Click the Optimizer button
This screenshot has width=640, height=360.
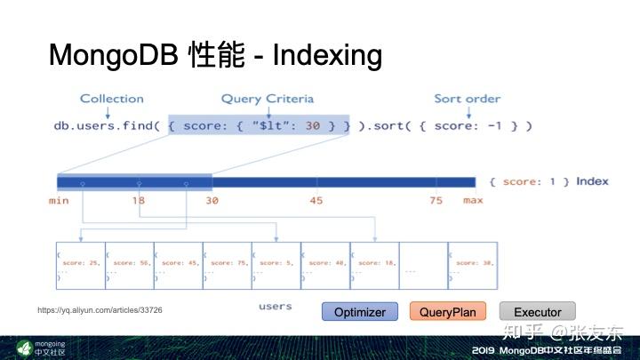[360, 312]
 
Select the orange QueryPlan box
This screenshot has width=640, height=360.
[448, 312]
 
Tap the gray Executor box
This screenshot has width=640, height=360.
[537, 312]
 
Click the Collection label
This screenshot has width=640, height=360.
[112, 99]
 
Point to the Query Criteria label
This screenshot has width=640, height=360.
[268, 99]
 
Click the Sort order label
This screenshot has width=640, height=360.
[468, 99]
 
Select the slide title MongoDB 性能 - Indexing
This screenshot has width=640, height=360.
[215, 56]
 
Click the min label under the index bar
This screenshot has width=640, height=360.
[59, 200]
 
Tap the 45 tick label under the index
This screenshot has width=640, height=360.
[316, 200]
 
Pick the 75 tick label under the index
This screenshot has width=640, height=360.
[436, 200]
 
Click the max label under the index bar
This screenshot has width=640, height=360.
[472, 200]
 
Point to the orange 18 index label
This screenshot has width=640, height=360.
[138, 200]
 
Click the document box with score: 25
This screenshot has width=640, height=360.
[80, 265]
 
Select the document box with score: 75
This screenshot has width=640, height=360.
[227, 265]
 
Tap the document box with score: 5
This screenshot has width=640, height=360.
[276, 265]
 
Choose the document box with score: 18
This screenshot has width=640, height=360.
[374, 265]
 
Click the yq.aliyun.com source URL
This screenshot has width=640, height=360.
[100, 310]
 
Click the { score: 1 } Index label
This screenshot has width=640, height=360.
[548, 181]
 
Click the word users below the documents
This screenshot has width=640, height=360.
[275, 307]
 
